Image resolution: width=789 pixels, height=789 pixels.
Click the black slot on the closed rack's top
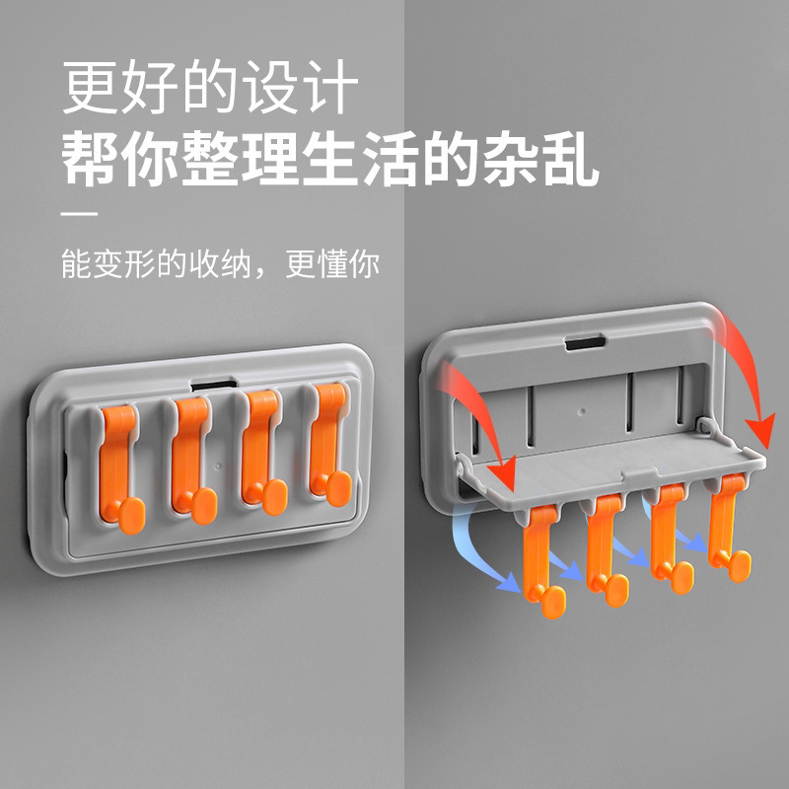click(x=213, y=386)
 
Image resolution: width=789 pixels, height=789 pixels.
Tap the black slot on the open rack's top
click(x=585, y=343)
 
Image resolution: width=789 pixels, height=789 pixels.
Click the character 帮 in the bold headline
click(x=90, y=159)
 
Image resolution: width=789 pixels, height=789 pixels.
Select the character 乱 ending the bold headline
click(x=572, y=159)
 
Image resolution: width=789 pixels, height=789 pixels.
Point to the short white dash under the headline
click(x=80, y=214)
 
